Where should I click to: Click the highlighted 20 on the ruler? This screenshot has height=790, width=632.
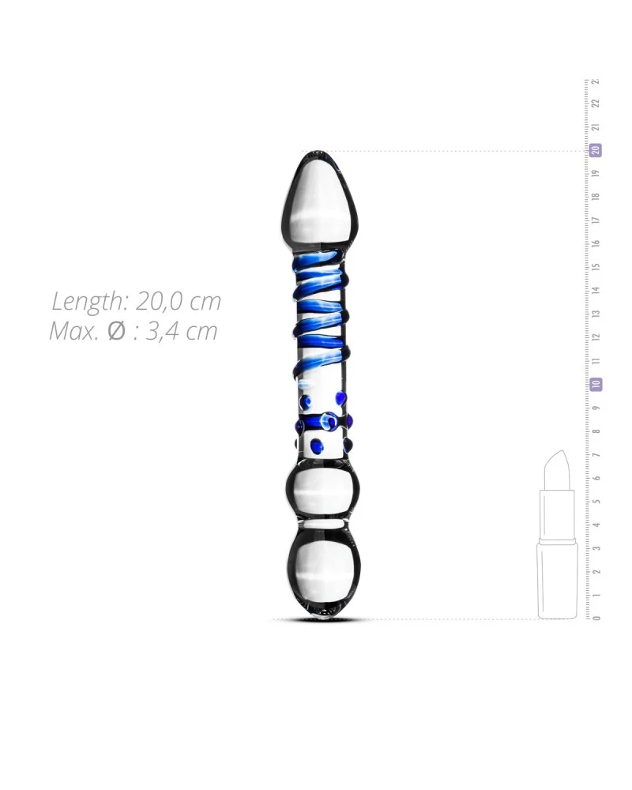tap(596, 150)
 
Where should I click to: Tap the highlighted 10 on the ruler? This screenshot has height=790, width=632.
tap(596, 385)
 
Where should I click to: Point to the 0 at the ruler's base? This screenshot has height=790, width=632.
tap(596, 618)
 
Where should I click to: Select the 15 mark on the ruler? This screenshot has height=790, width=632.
tap(596, 267)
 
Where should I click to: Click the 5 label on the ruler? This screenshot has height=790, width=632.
tap(596, 502)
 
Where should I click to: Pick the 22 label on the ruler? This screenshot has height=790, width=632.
tap(596, 103)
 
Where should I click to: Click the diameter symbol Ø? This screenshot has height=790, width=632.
tap(117, 331)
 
